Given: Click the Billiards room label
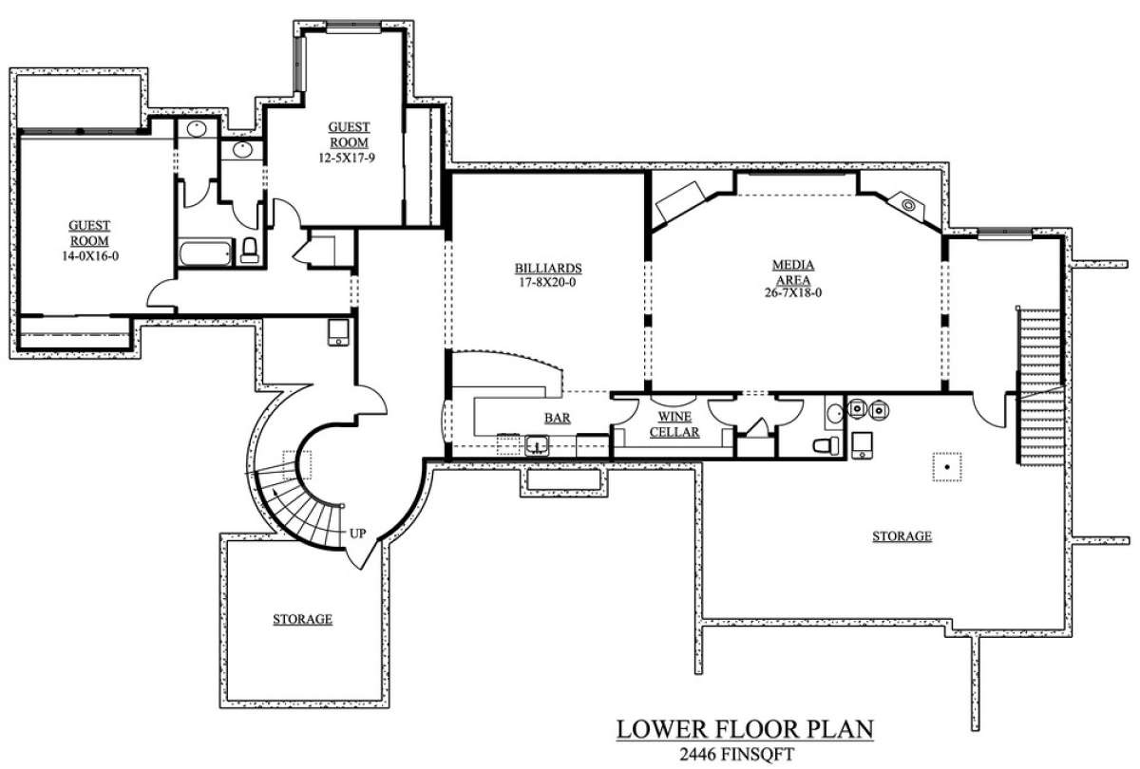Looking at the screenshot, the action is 547,268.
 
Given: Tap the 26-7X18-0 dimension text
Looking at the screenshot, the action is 793,293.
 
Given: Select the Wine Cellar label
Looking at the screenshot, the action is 674,424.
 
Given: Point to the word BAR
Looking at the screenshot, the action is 558,418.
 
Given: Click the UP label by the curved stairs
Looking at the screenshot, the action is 357,534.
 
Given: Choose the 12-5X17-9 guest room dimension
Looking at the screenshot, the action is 347,159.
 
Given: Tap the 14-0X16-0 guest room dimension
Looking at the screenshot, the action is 90,256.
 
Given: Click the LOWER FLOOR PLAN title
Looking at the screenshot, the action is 745,729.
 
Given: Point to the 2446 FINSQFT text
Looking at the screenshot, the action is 736,754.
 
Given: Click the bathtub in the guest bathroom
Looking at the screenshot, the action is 205,253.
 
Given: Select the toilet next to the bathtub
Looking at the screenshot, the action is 249,251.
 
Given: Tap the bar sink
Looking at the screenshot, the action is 537,445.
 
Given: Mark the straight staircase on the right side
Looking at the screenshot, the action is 1039,386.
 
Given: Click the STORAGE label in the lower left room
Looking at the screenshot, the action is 303,619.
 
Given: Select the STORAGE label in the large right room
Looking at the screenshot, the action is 902,536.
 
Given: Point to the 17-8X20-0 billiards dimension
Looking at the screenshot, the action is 547,282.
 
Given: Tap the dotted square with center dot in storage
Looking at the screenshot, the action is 947,467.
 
